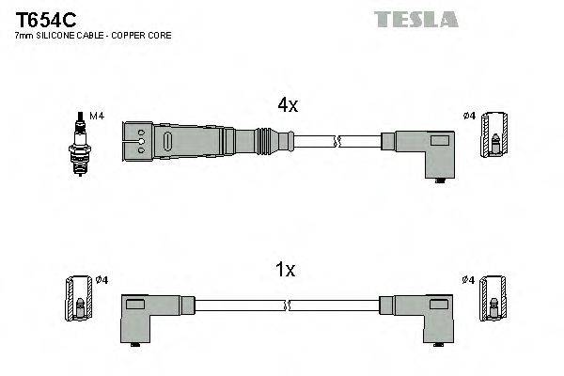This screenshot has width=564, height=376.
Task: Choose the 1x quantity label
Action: point(285,271)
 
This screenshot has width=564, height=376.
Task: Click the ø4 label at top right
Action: point(469,116)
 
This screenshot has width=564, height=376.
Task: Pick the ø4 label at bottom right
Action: point(469,279)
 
